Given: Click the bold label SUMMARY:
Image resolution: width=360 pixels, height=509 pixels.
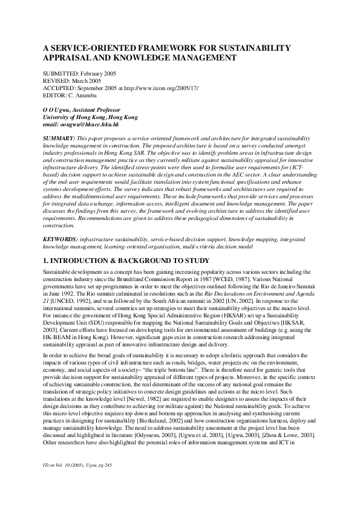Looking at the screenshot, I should click(x=58, y=139).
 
